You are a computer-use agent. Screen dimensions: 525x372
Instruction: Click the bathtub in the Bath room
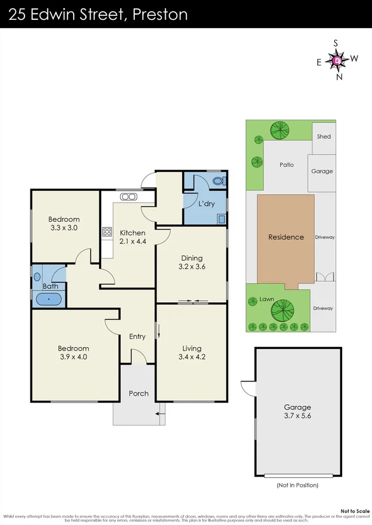pos(48,300)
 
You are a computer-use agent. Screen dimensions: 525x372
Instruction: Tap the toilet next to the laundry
pos(218,181)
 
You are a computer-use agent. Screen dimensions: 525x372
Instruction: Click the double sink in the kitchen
pos(128,197)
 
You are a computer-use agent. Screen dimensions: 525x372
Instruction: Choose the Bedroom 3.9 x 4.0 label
pos(73,352)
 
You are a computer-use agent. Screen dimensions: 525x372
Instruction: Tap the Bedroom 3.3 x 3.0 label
pos(64,223)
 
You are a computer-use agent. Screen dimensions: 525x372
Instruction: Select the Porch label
pos(138,393)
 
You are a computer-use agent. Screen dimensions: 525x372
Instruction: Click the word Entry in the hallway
pos(137,337)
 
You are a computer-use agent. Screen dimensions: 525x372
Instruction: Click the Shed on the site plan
pos(324,136)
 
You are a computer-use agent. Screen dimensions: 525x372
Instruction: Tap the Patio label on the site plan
pos(286,165)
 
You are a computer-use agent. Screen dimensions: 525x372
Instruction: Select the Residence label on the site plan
pos(286,237)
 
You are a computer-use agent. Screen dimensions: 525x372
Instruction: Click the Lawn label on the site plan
pos(267,299)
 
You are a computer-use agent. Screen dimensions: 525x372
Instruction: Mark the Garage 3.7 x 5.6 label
pos(298,411)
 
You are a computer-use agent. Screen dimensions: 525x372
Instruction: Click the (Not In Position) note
pos(298,485)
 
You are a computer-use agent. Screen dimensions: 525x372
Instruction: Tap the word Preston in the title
pos(160,14)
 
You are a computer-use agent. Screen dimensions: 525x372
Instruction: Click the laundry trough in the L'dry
pos(221,219)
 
